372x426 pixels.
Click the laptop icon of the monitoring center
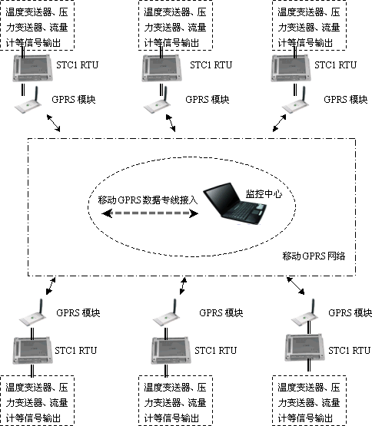[x=234, y=203]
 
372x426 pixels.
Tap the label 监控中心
[x=264, y=194]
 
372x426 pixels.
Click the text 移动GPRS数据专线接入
[x=148, y=200]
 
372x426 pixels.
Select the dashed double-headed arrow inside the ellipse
[x=150, y=213]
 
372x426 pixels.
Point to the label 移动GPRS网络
[x=314, y=256]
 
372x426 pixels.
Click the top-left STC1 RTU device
[x=32, y=68]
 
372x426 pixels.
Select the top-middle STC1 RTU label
[x=211, y=65]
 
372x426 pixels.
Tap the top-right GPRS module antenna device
[x=296, y=101]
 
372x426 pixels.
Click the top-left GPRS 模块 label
[x=74, y=100]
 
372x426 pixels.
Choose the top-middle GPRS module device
[x=157, y=101]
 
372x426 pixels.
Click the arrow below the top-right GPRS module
[x=280, y=123]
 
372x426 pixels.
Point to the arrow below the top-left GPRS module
[x=53, y=123]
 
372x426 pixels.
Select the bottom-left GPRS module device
[x=32, y=312]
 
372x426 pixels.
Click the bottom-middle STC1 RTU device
[x=171, y=351]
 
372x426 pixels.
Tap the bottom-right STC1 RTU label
[x=349, y=351]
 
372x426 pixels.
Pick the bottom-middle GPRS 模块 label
[x=221, y=313]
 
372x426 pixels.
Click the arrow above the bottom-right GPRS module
[x=296, y=286]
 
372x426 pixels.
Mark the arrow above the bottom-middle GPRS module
[x=183, y=286]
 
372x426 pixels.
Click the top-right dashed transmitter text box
[x=310, y=25]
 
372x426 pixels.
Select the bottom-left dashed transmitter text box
[x=38, y=401]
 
